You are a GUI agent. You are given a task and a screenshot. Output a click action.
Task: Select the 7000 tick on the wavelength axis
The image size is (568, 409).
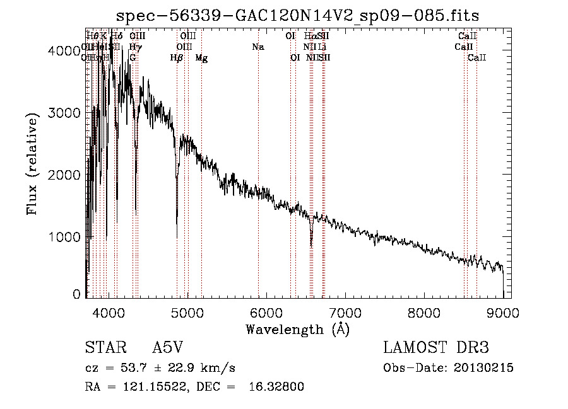(345, 296)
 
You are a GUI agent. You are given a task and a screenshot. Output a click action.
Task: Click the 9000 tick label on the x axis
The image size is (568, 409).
(503, 312)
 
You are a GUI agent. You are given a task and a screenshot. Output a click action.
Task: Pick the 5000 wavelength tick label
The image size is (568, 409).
(187, 312)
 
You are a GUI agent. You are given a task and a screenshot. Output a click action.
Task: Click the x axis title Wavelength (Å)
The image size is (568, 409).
(297, 329)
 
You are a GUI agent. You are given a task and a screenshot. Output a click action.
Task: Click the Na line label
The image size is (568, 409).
(257, 47)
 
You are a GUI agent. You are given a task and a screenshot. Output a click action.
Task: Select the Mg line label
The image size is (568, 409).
(201, 58)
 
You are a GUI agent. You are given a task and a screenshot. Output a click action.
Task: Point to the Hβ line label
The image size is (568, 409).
(177, 58)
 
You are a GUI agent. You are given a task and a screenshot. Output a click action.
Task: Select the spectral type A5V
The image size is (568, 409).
(169, 348)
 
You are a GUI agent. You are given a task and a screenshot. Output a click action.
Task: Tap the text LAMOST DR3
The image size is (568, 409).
(436, 348)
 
